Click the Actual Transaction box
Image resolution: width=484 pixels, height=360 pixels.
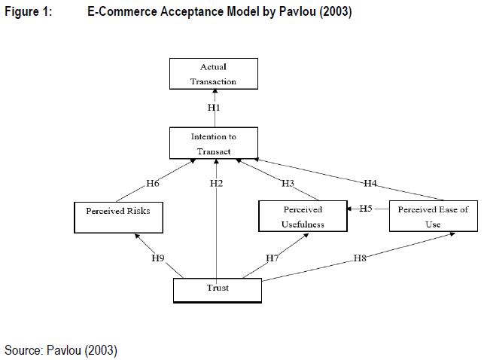[214, 74]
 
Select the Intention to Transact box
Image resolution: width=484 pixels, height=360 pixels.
[214, 143]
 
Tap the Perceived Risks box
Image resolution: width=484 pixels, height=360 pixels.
[118, 215]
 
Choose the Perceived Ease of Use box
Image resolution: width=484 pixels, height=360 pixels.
[433, 216]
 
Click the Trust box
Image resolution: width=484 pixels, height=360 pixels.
[218, 289]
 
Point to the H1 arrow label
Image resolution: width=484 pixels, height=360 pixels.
[214, 108]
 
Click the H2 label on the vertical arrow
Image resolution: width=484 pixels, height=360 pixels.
[217, 183]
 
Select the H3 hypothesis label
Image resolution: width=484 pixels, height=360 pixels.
[288, 183]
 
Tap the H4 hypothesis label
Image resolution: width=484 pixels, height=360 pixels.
[370, 183]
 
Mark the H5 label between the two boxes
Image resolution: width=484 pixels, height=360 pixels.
[364, 208]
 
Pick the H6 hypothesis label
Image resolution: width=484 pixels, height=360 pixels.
[154, 183]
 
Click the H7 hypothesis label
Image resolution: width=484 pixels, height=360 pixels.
[272, 258]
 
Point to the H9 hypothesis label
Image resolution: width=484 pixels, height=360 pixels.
[157, 258]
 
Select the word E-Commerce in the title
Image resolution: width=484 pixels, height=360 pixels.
[120, 12]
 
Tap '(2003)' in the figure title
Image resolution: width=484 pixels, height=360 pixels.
[334, 12]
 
